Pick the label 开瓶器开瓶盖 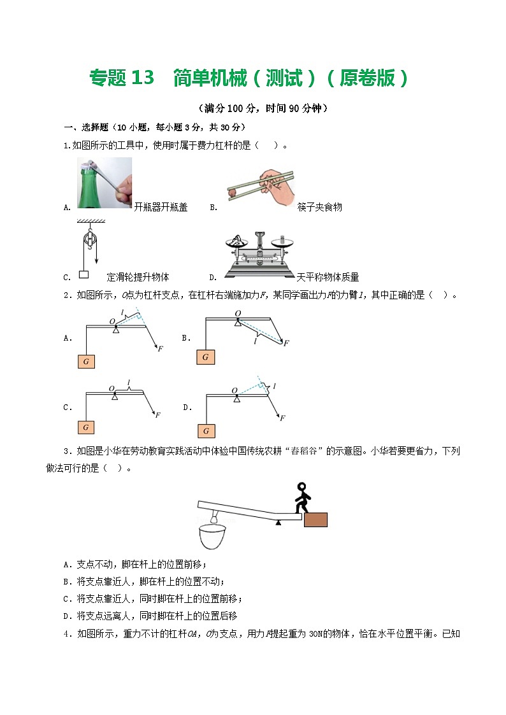click(161, 207)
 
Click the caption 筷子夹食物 click(319, 207)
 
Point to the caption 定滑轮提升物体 click(138, 277)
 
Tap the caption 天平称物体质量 click(328, 277)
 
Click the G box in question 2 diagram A click(85, 362)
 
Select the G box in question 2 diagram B click(205, 357)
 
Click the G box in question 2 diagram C click(85, 427)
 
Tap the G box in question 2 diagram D click(205, 431)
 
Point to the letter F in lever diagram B click(286, 343)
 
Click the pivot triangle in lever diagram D click(236, 399)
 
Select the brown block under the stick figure click(316, 520)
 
